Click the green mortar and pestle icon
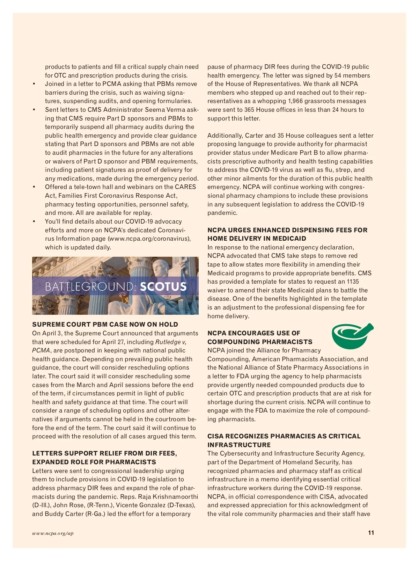tap(352, 336)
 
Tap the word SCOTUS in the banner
tap(163, 287)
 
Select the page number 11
tap(371, 533)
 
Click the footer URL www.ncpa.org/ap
tap(53, 533)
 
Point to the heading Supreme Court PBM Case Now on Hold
tap(105, 325)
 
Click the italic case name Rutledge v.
tap(175, 342)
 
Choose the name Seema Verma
tap(166, 110)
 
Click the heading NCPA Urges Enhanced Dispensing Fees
tap(287, 230)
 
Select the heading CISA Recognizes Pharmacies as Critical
tap(284, 436)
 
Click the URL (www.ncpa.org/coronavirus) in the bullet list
tap(149, 239)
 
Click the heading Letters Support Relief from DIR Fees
tap(104, 453)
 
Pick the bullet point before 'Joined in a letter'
tap(34, 84)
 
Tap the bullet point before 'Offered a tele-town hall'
tap(34, 187)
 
